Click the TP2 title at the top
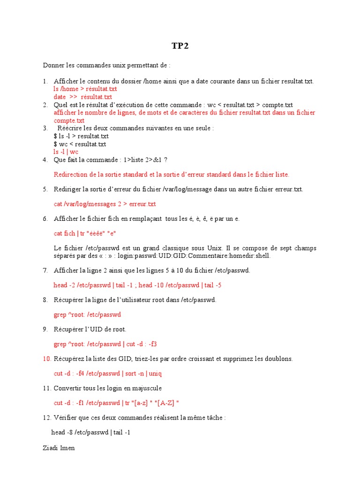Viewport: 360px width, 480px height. [x=180, y=46]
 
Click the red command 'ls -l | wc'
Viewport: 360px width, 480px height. [x=66, y=152]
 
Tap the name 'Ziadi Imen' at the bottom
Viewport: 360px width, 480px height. [x=59, y=448]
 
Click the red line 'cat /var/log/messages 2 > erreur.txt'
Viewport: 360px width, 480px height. [x=105, y=204]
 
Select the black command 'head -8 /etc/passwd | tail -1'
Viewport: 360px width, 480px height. [x=90, y=432]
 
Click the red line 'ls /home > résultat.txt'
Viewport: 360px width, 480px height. [x=85, y=89]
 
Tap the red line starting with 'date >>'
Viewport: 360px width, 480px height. [x=83, y=97]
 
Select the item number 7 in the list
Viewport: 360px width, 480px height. [x=45, y=270]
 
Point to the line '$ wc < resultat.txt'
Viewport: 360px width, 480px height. [x=80, y=144]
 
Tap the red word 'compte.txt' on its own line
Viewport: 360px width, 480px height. [x=69, y=120]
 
